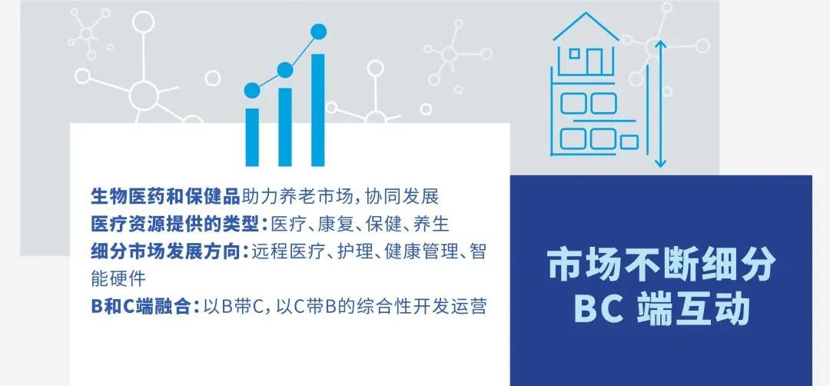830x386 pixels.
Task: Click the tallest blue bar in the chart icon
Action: (x=317, y=110)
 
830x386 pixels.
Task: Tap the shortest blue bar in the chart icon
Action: (x=253, y=137)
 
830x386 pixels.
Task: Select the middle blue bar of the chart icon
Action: (x=285, y=127)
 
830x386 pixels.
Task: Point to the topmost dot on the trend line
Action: (x=319, y=32)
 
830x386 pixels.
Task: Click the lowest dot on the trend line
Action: (x=253, y=91)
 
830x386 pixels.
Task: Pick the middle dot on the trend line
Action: (x=285, y=70)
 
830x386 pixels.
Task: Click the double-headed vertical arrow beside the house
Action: (x=659, y=104)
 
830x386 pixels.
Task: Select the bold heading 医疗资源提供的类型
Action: (x=176, y=224)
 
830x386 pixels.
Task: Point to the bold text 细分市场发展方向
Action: (x=166, y=251)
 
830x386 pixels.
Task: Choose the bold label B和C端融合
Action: (x=141, y=307)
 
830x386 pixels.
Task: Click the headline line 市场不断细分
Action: (x=662, y=265)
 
